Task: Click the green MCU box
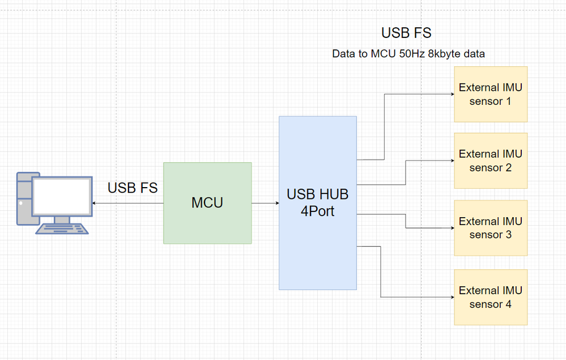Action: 207,203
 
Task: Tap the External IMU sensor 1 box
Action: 491,94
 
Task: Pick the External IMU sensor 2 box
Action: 491,160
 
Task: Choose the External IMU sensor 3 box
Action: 491,228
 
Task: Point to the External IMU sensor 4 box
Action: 491,297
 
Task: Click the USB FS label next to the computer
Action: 133,188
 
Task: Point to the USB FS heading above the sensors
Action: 406,33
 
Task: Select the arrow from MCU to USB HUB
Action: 265,203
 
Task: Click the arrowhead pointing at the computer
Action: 94,203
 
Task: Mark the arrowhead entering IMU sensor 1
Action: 452,94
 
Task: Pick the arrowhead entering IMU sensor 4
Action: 452,297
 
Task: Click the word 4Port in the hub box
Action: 317,211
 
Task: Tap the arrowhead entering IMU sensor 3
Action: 452,228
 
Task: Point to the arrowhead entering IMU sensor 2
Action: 452,160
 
